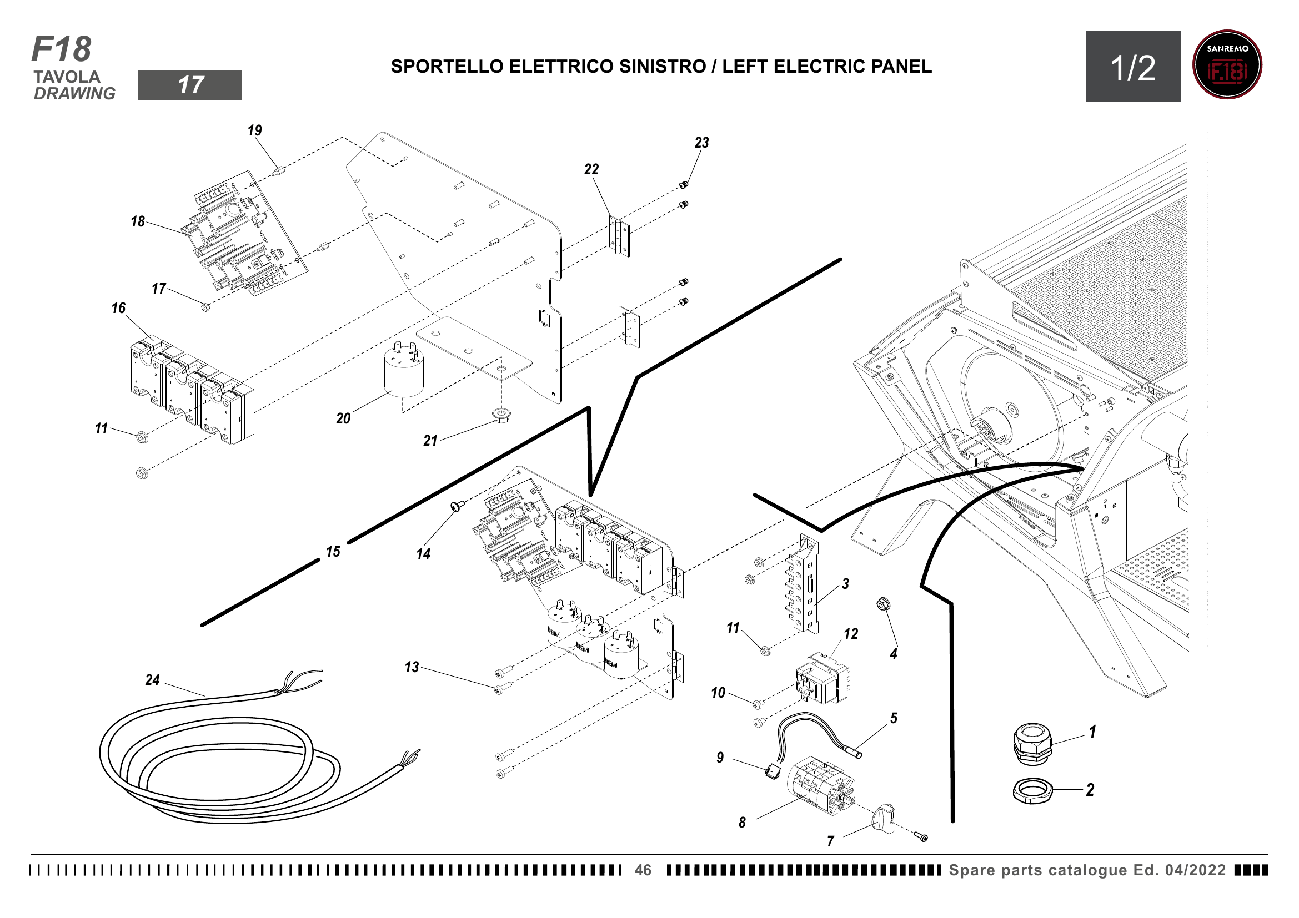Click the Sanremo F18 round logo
pos(1227,65)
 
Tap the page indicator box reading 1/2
pos(1132,67)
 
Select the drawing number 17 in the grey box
pos(190,85)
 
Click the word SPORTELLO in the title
pos(447,67)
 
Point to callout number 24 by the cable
pos(153,680)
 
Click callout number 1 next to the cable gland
pos(1092,732)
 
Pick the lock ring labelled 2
pos(1032,791)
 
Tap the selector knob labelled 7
pos(885,819)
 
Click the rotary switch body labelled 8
pos(820,785)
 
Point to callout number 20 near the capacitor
pos(343,419)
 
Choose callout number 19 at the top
pos(254,130)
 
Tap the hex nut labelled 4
pos(881,604)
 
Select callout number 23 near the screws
pos(701,143)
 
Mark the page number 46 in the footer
pos(643,870)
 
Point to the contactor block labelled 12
pos(822,679)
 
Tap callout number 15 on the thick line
pos(333,552)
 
